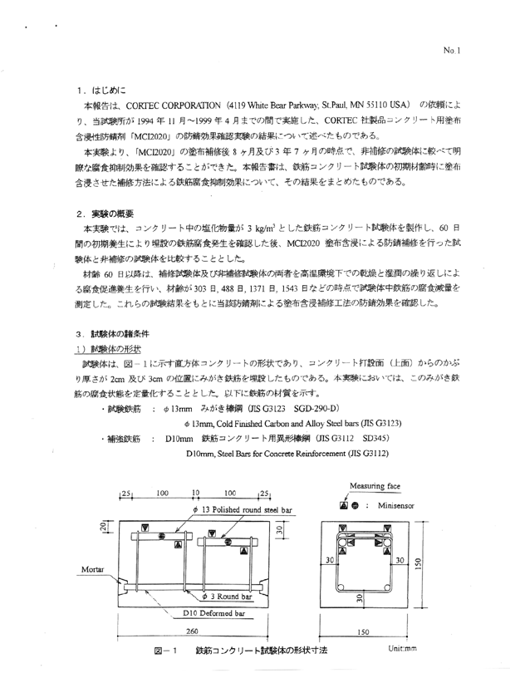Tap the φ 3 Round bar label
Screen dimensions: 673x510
[x=227, y=573]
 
